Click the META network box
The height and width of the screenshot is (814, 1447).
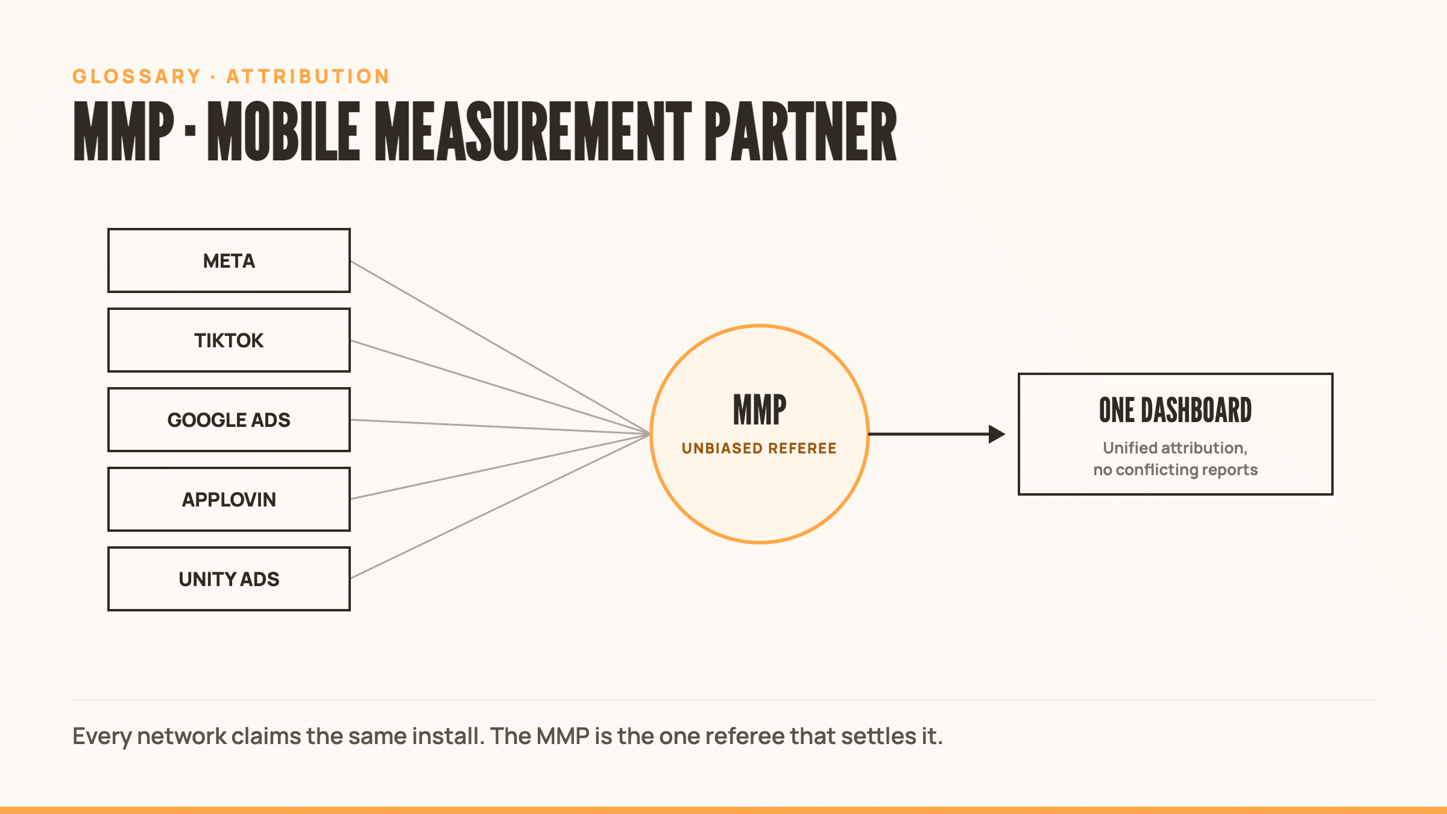[x=229, y=260]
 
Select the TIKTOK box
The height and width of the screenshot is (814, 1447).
[x=229, y=340]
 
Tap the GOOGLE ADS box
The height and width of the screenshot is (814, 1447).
[x=229, y=420]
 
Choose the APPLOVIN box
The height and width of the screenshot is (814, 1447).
[x=229, y=499]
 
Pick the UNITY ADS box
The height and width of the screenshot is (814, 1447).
[x=229, y=579]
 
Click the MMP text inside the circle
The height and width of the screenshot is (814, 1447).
[x=760, y=410]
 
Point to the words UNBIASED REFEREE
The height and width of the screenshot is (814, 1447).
[x=759, y=448]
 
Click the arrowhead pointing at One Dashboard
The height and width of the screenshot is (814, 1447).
[x=997, y=434]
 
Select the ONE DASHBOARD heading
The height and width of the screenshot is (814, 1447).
[x=1175, y=411]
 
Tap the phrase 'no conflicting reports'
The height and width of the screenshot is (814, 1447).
[x=1175, y=470]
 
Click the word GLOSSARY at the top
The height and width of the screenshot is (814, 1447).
[x=137, y=77]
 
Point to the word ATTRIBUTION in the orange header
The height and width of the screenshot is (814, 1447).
[x=308, y=77]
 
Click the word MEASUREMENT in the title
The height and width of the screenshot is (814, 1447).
[x=533, y=131]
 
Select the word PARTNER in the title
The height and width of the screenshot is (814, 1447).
[x=801, y=131]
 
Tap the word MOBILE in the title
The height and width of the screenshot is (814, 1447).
[x=283, y=131]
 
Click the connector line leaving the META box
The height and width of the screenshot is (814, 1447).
[x=500, y=347]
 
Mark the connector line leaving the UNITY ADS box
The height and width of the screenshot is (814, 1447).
[x=500, y=506]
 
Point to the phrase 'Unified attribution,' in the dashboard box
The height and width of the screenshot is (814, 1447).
[x=1175, y=448]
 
